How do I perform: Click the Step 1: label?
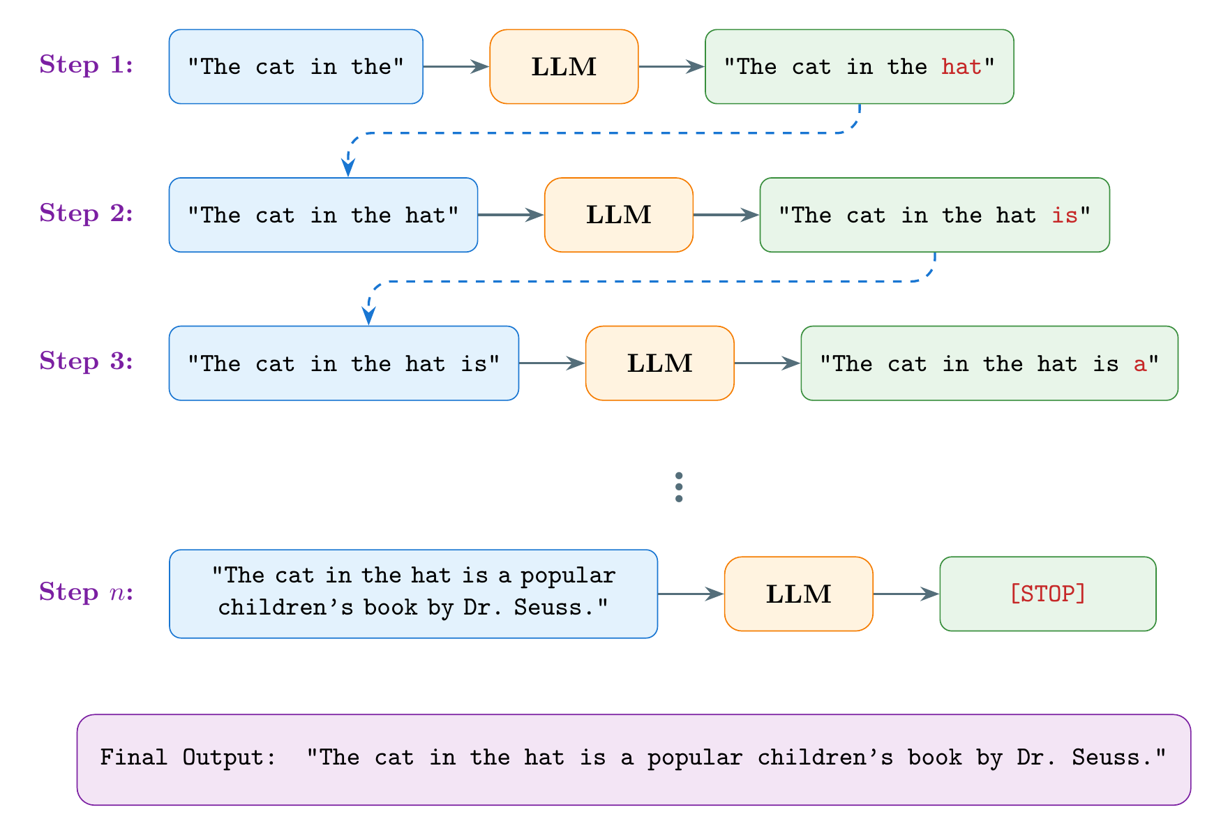click(x=86, y=65)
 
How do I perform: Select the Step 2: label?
click(x=86, y=213)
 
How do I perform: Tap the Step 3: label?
click(x=86, y=361)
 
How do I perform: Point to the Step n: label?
click(x=86, y=592)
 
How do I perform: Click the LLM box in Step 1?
click(x=564, y=67)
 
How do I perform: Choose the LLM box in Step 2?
click(x=618, y=215)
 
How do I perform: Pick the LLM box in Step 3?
click(x=659, y=363)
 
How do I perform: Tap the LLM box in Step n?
click(x=798, y=594)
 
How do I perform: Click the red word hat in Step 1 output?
click(x=961, y=67)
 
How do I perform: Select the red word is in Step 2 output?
click(x=1065, y=216)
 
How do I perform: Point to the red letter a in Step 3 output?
click(x=1140, y=364)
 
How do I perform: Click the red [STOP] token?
click(x=1047, y=594)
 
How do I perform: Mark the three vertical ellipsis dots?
click(x=679, y=487)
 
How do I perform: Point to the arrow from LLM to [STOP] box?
click(x=906, y=594)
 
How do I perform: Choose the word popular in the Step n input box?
click(x=568, y=576)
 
